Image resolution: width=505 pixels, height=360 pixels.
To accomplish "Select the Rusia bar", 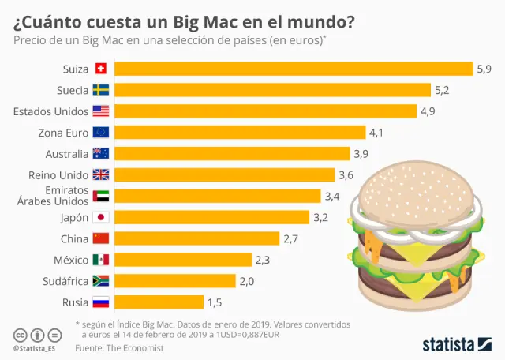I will pyautogui.click(x=159, y=302).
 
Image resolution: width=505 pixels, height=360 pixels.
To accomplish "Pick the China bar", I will pyautogui.click(x=196, y=238).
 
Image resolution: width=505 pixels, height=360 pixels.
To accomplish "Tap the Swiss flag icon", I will pyautogui.click(x=100, y=69).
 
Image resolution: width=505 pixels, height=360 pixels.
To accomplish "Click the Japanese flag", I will pyautogui.click(x=100, y=217).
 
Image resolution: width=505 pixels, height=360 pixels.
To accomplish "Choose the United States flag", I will pyautogui.click(x=100, y=111).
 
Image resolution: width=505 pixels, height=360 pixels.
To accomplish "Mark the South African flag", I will pyautogui.click(x=100, y=280).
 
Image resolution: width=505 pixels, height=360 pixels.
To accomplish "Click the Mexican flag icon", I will pyautogui.click(x=100, y=260).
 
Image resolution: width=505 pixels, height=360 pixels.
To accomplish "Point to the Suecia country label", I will pyautogui.click(x=72, y=90).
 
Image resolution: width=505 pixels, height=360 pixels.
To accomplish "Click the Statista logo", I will pyautogui.click(x=458, y=343).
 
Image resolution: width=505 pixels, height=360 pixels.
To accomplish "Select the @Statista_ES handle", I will pyautogui.click(x=35, y=347).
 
